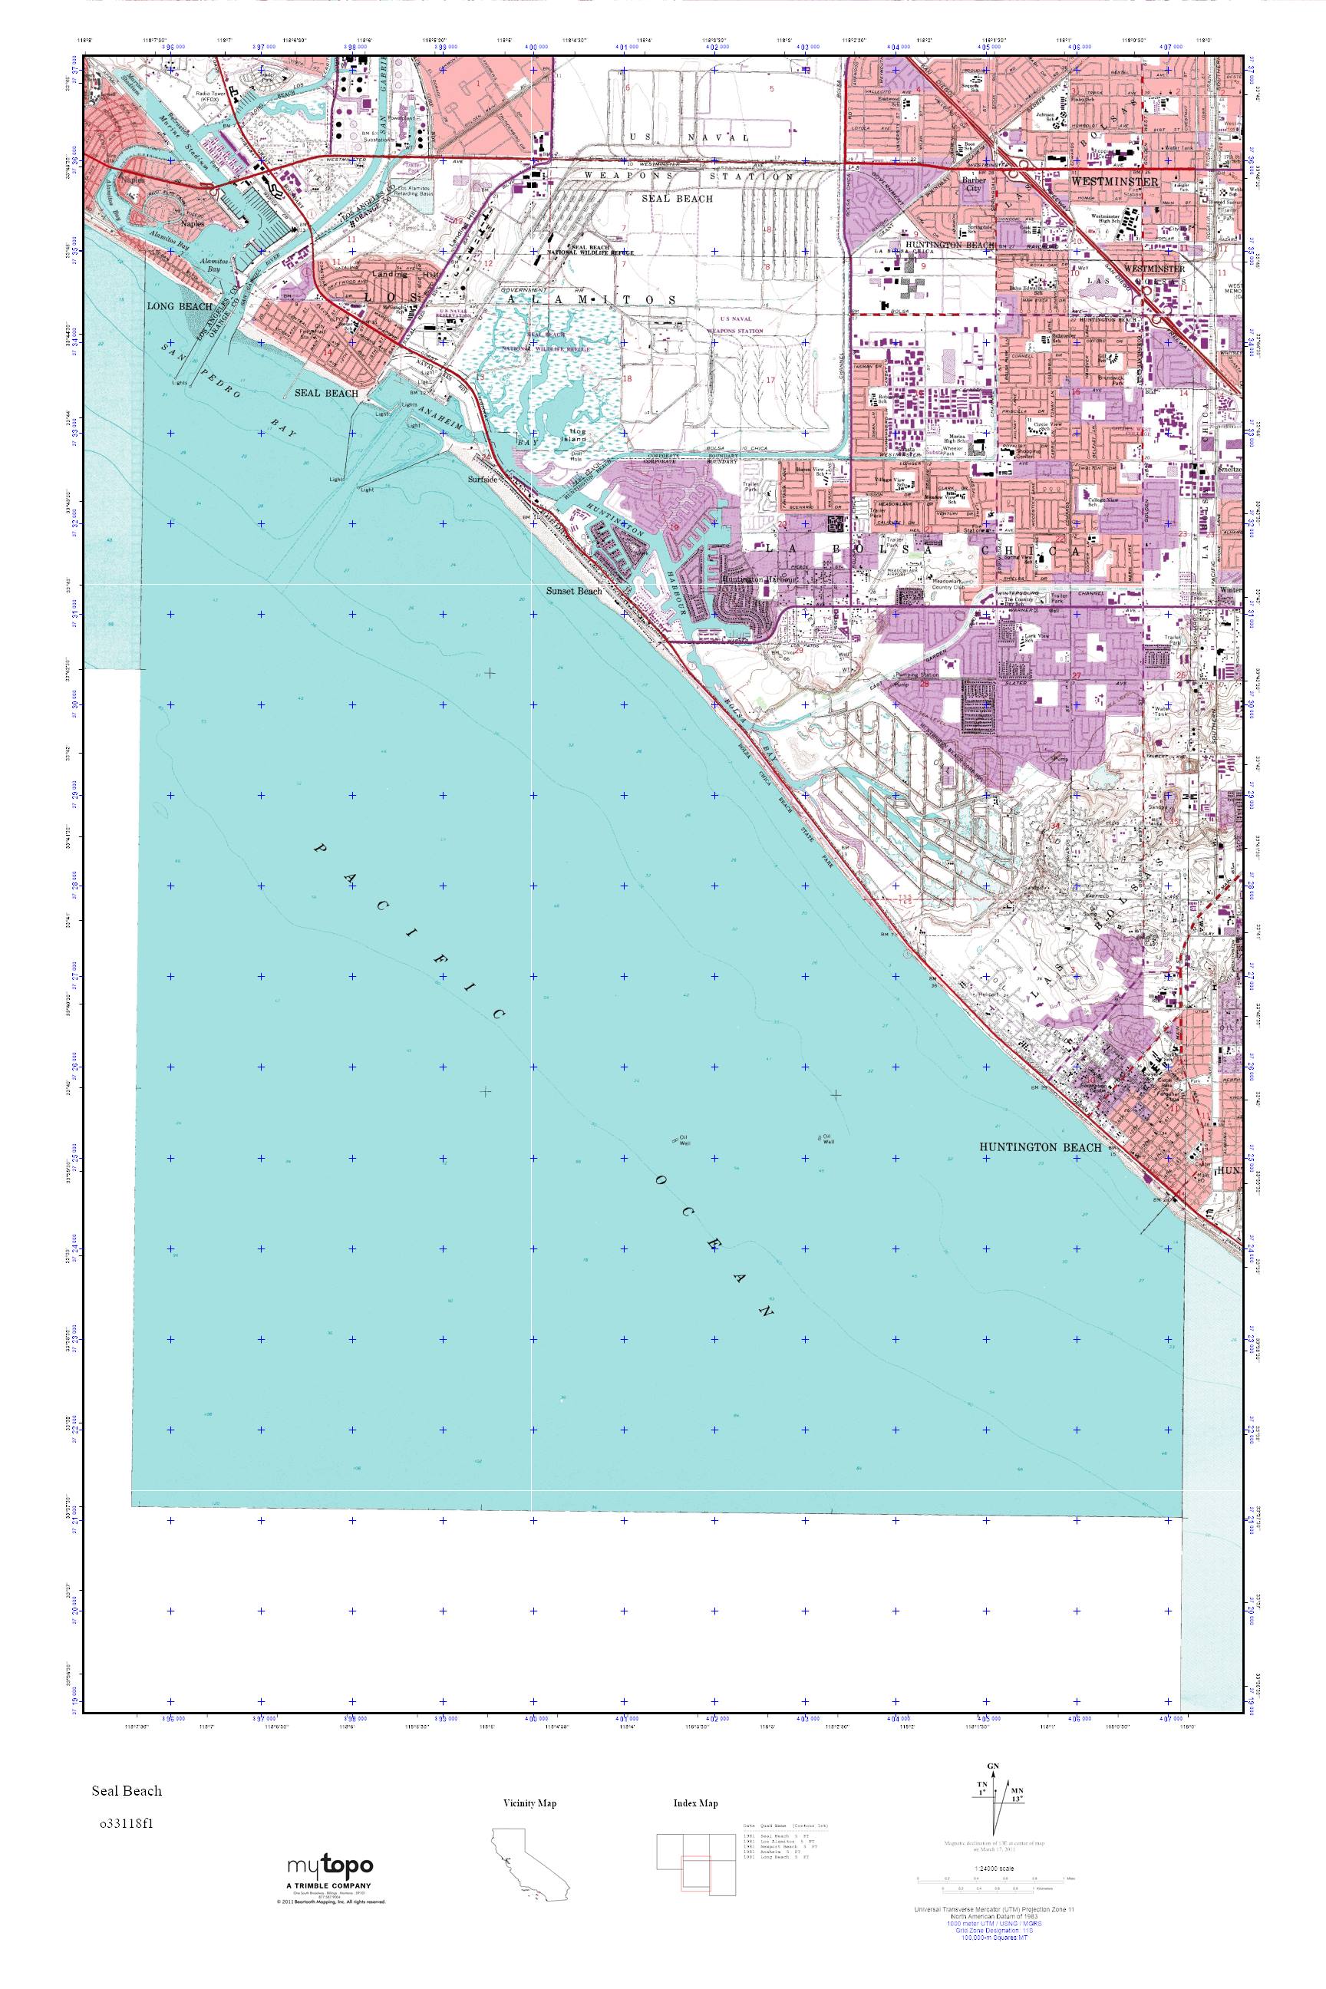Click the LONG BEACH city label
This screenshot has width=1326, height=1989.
point(180,306)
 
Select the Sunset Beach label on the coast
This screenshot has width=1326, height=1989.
point(574,591)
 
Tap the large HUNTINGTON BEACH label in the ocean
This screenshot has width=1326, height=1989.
point(1041,1147)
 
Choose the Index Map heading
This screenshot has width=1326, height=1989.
point(695,1803)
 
